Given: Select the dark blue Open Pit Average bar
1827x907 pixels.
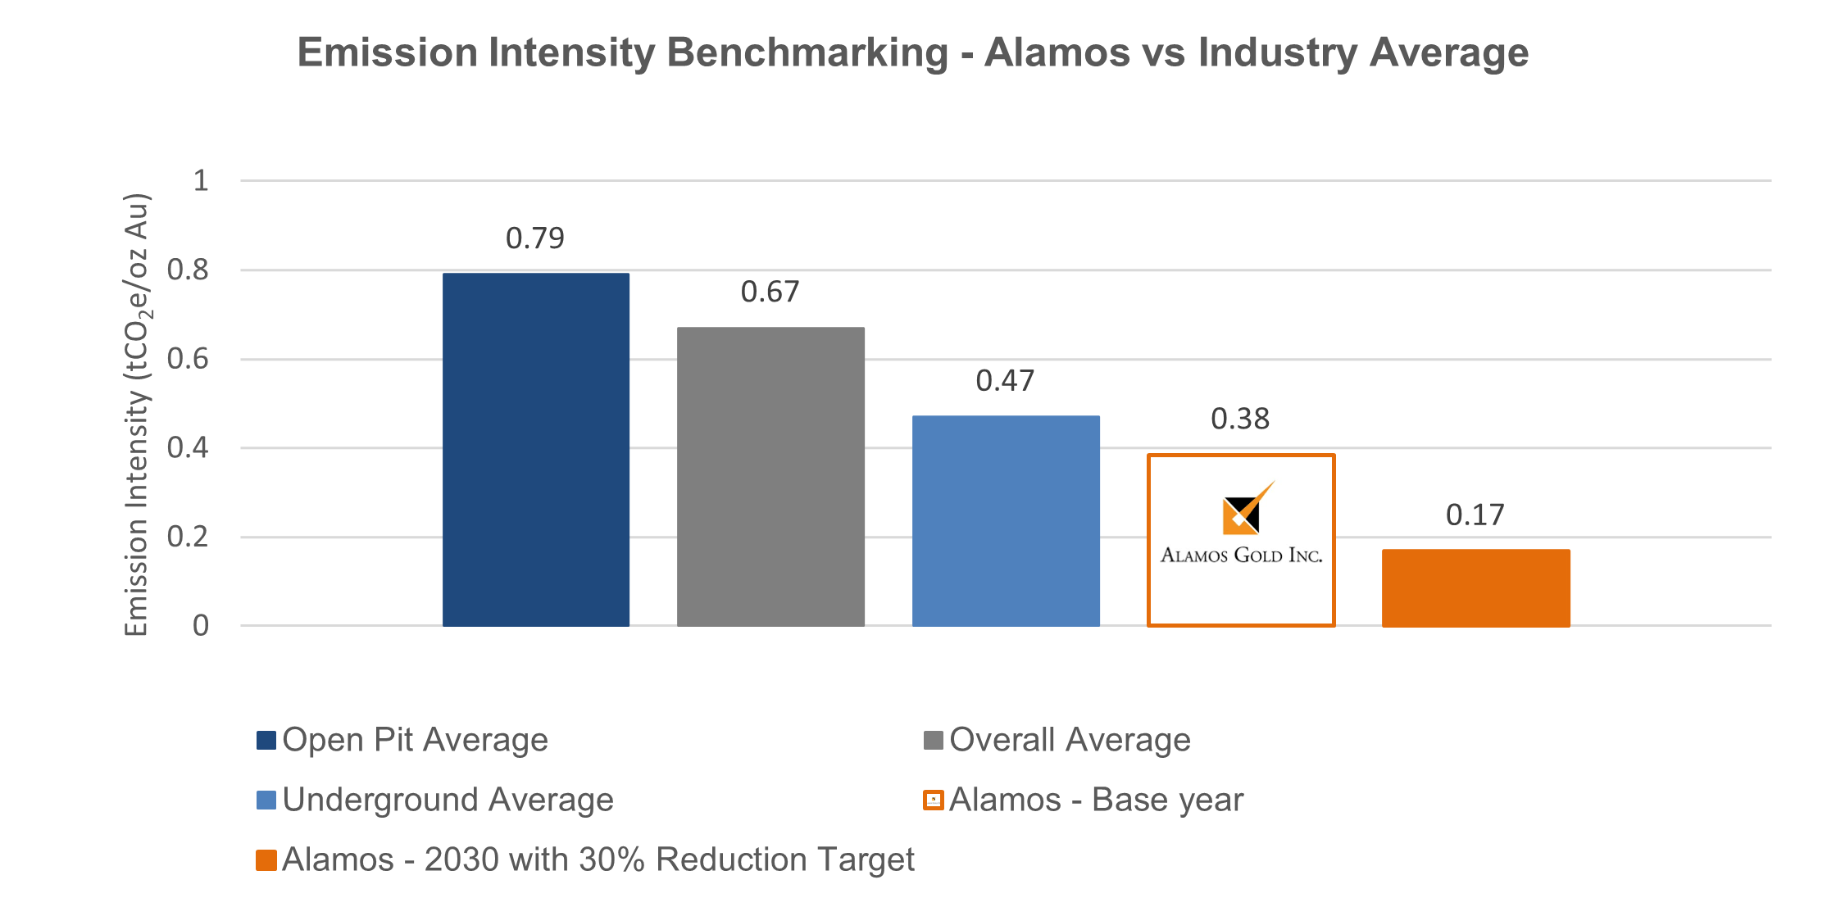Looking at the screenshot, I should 535,450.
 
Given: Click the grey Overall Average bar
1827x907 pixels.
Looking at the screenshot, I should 770,477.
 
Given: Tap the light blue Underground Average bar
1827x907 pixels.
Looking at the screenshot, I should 1006,521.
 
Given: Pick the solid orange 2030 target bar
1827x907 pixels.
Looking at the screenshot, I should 1475,587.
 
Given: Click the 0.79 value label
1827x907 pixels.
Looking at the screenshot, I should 534,238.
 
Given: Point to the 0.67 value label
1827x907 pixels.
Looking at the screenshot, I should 770,293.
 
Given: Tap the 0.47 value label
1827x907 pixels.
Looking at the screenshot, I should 1005,381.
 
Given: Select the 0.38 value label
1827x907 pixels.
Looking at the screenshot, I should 1240,419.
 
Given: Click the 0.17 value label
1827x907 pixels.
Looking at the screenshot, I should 1475,515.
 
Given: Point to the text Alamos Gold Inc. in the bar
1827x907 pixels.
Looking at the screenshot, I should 1241,556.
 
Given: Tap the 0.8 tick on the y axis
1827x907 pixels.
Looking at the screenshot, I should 188,270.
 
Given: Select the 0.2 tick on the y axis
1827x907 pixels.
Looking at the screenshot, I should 188,537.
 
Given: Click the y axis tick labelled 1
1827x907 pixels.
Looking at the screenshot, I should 201,180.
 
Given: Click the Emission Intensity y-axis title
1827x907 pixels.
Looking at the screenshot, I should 137,415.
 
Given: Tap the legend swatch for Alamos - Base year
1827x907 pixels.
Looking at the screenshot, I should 933,800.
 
